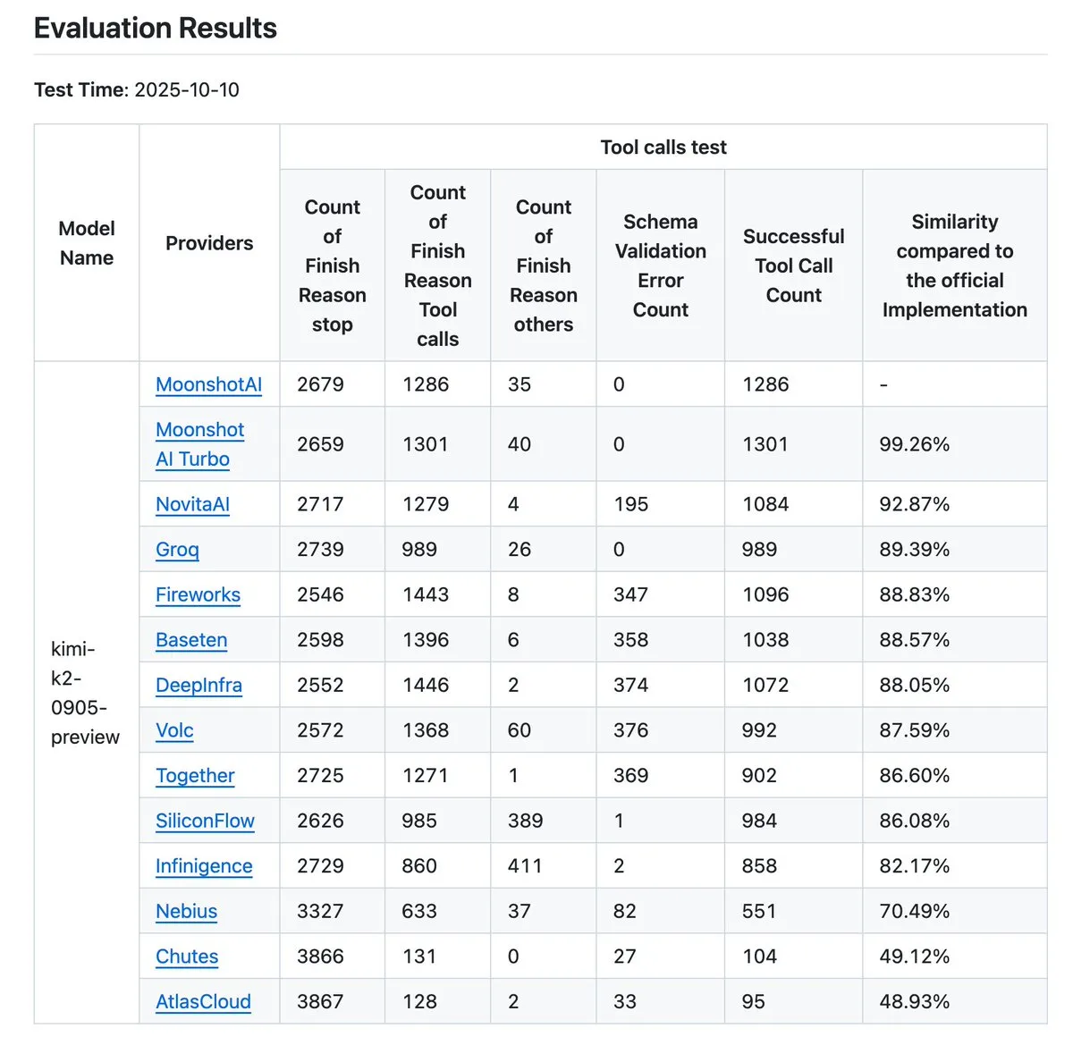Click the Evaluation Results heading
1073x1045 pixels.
click(x=156, y=29)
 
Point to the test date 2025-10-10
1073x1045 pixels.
click(x=187, y=89)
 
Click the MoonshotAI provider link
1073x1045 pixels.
click(x=208, y=384)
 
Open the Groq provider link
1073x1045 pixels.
click(x=177, y=549)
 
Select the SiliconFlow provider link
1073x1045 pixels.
click(x=205, y=821)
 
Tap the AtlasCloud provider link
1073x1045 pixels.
click(x=203, y=1001)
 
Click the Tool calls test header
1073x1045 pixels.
click(x=663, y=147)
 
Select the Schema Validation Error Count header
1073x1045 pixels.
click(x=660, y=265)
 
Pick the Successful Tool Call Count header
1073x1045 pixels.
click(x=793, y=265)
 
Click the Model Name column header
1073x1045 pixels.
click(x=87, y=242)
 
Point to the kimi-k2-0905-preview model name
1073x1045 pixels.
click(x=85, y=693)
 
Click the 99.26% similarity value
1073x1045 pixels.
click(x=914, y=444)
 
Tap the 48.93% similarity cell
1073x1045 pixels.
click(x=914, y=1001)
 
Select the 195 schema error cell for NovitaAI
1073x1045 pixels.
click(x=630, y=504)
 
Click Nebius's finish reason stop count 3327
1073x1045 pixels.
click(x=319, y=911)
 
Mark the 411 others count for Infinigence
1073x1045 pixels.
click(x=524, y=865)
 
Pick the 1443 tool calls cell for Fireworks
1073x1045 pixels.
click(x=425, y=594)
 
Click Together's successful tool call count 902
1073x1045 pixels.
click(x=758, y=775)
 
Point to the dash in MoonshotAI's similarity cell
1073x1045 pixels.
click(x=883, y=384)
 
